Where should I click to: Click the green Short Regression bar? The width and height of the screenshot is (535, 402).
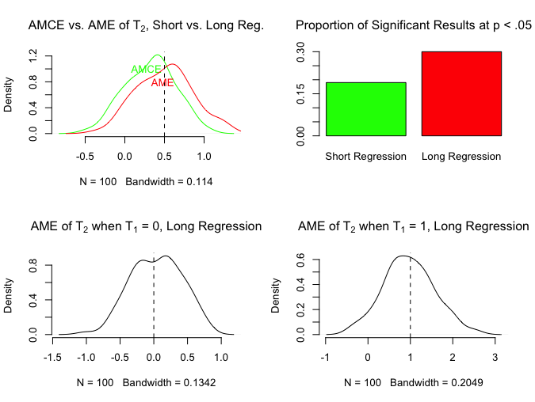(x=365, y=109)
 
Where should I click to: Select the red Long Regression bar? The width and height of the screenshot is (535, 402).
(x=461, y=93)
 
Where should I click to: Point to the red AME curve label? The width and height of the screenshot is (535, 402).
(x=162, y=83)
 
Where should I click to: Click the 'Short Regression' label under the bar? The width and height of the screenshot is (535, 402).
(x=365, y=157)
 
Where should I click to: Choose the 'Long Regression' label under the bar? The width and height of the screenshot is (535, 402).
(x=461, y=157)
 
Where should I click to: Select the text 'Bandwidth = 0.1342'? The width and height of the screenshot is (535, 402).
(x=170, y=383)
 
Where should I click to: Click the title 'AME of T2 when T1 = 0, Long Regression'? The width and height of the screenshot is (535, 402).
(x=146, y=226)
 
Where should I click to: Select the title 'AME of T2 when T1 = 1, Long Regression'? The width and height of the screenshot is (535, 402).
(x=413, y=226)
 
